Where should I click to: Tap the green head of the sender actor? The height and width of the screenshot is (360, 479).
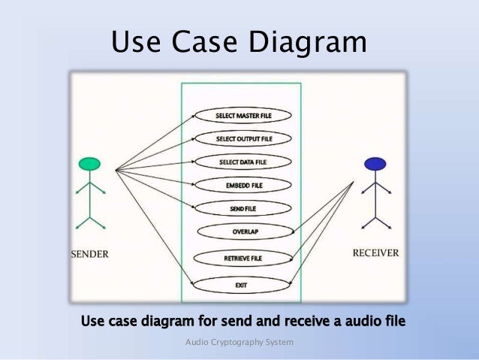click(x=89, y=164)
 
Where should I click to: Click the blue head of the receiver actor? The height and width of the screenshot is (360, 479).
click(x=375, y=164)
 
